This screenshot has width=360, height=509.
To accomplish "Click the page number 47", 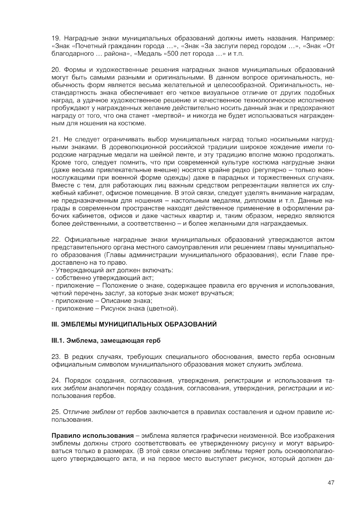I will pos(331,482).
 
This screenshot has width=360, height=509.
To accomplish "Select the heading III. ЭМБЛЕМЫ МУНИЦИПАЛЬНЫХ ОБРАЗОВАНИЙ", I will pos(134,324).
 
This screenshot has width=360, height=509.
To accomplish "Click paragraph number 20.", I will pos(56,69).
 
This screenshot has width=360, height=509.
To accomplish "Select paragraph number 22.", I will pos(56,240).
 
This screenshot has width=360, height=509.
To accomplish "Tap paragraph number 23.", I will pos(56,356).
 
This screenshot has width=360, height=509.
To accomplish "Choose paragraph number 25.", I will pos(56,412).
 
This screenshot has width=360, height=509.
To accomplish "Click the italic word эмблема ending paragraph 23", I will pos(288,364).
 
